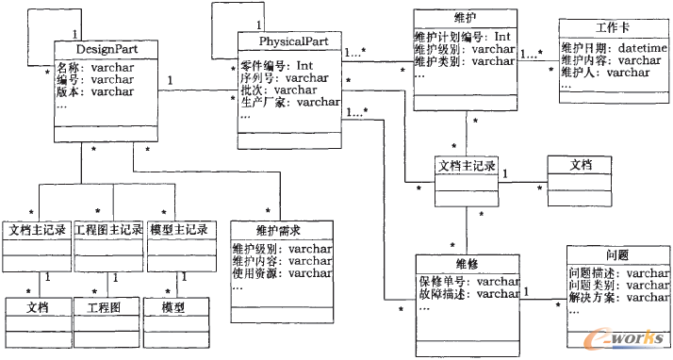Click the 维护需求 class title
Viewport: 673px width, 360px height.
281,230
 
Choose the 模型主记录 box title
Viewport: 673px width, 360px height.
179,229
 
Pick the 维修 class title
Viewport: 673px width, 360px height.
467,264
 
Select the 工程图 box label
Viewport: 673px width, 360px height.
106,307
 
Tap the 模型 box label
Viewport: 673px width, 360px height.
172,307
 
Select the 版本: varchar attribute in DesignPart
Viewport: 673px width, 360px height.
93,91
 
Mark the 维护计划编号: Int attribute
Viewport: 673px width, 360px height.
462,37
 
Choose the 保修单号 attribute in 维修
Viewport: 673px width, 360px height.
468,281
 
